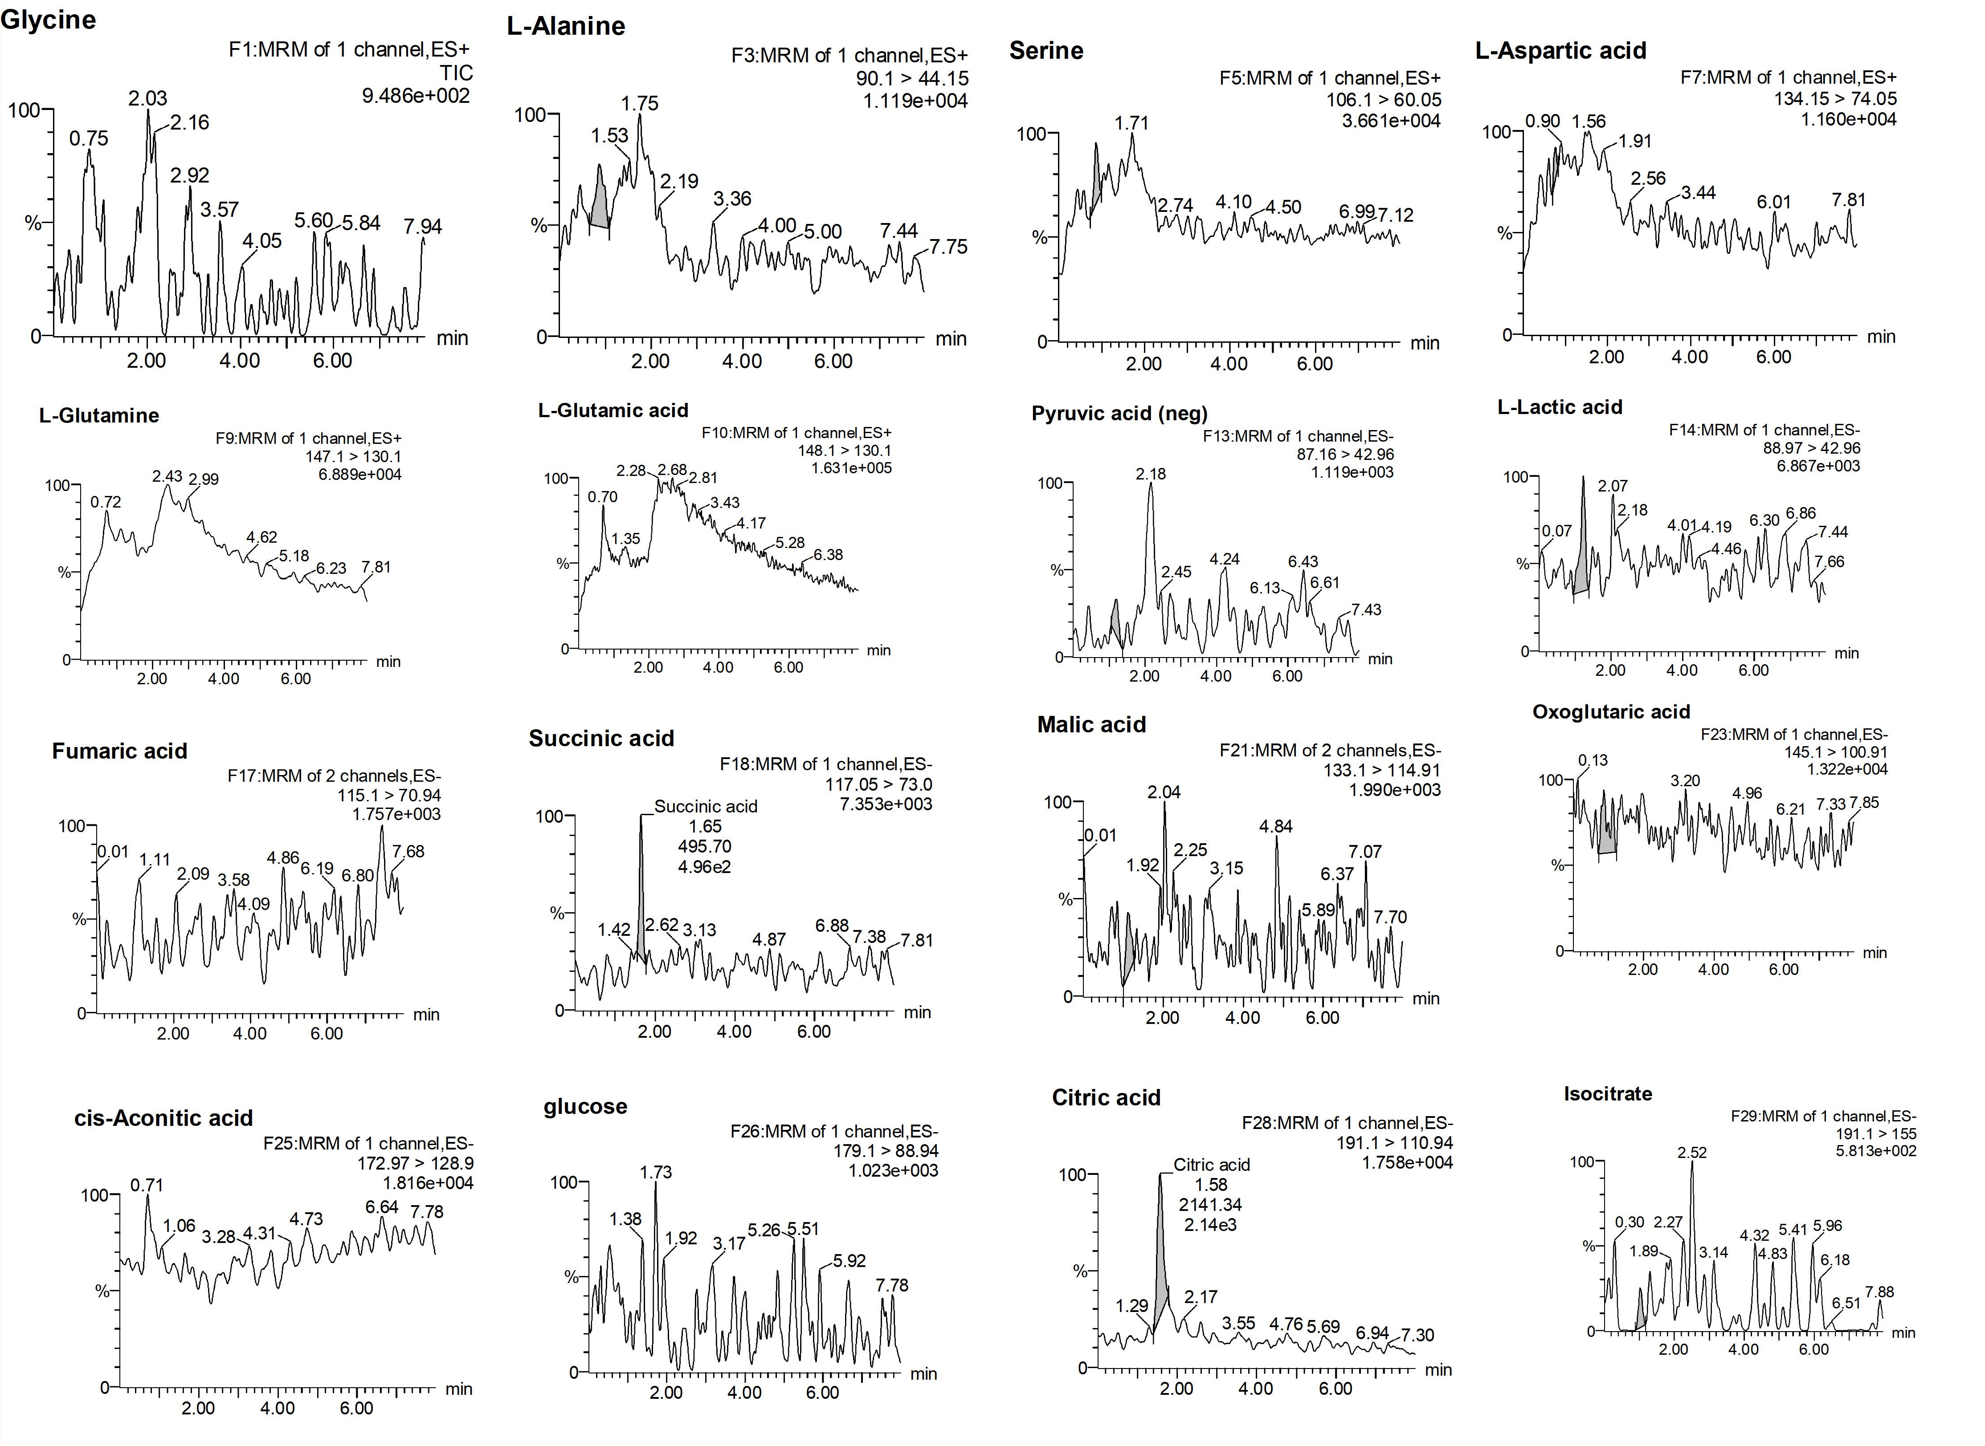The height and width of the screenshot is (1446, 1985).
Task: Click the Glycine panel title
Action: [x=48, y=19]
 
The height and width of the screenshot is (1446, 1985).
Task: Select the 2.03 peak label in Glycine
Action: [x=147, y=98]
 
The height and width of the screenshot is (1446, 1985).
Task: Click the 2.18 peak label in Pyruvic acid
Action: [x=1151, y=474]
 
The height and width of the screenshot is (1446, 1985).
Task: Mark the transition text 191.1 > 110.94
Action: [x=1394, y=1142]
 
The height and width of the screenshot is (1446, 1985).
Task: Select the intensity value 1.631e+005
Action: [x=850, y=468]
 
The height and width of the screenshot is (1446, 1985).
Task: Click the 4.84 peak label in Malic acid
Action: [x=1276, y=826]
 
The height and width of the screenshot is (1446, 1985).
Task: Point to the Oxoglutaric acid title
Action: [x=1610, y=711]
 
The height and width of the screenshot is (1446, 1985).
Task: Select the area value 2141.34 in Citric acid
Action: [x=1211, y=1204]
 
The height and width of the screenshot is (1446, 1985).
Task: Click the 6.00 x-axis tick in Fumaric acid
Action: [x=327, y=1034]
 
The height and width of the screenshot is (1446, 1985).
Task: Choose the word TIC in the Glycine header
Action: [x=456, y=73]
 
